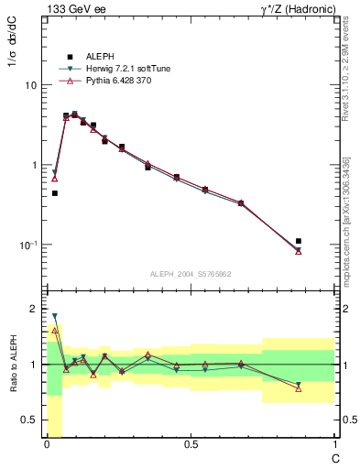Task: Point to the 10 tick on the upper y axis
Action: (x=32, y=85)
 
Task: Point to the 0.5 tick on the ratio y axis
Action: (x=30, y=420)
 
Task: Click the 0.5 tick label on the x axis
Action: (x=191, y=444)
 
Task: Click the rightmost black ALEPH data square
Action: (x=299, y=241)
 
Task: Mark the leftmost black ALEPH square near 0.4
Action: (x=55, y=193)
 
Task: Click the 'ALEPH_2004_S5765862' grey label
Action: (x=190, y=274)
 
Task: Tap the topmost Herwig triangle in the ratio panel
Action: (x=55, y=316)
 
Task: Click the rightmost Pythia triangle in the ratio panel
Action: (x=299, y=388)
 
